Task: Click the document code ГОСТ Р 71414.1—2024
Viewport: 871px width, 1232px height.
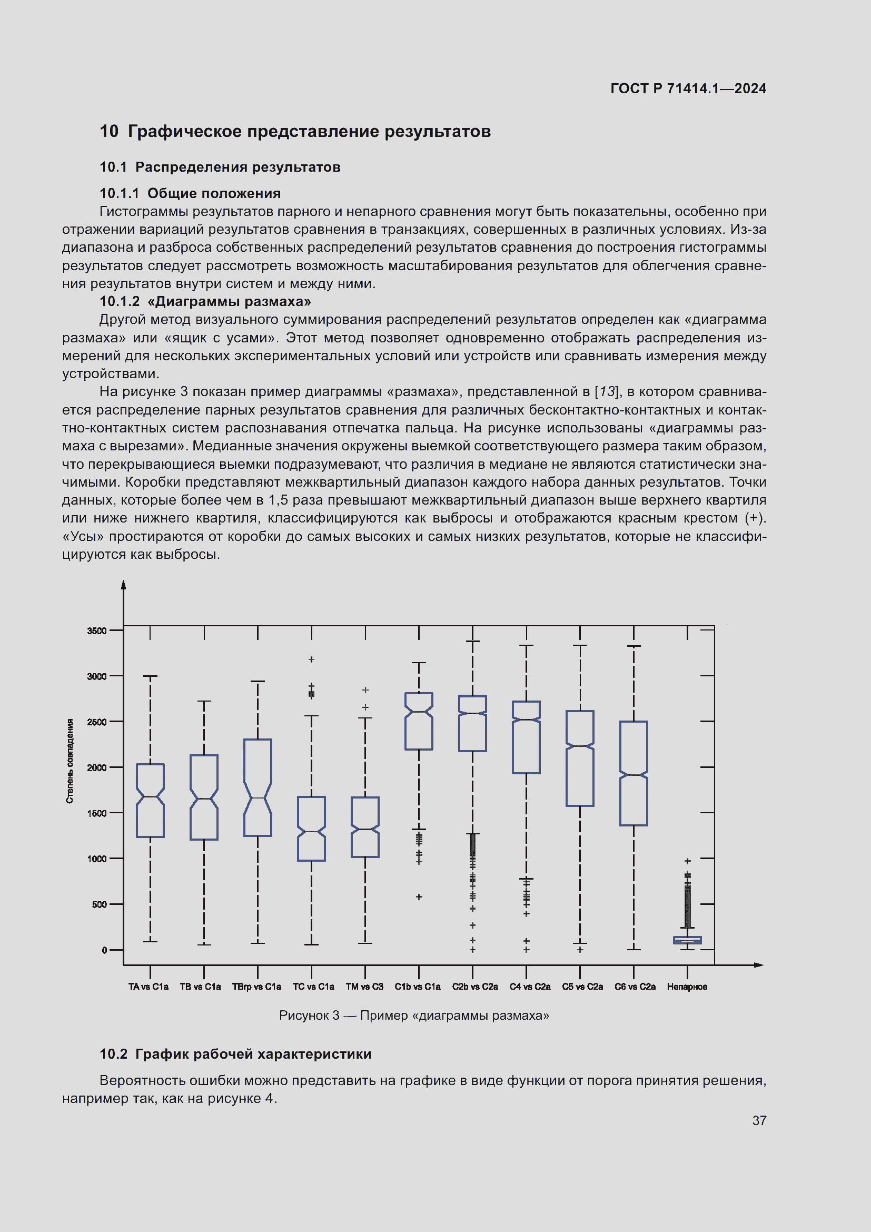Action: point(688,88)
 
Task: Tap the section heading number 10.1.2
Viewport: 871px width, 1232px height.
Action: point(119,302)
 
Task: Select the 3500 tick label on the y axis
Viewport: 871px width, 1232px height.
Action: point(97,631)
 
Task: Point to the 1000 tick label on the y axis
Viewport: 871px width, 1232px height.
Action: point(97,859)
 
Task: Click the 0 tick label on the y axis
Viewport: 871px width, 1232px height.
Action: point(105,950)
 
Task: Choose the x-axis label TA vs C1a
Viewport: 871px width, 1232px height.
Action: point(149,987)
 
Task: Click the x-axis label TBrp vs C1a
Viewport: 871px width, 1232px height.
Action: point(256,987)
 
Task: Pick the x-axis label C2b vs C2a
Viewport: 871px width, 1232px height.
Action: point(474,987)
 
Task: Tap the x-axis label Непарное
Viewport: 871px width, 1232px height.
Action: point(687,987)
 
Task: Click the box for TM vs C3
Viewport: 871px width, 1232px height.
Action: point(365,827)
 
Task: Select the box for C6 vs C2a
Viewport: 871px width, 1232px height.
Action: point(634,773)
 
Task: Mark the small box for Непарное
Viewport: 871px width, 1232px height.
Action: point(687,940)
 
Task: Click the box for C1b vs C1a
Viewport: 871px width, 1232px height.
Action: point(418,721)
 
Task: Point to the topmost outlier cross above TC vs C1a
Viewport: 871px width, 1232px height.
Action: point(311,659)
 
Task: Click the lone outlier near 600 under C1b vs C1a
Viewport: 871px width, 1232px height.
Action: point(419,897)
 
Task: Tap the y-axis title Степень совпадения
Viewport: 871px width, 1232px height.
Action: point(70,761)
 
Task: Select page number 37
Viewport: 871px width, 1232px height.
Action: point(759,1120)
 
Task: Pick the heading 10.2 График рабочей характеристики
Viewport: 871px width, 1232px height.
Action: point(235,1054)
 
